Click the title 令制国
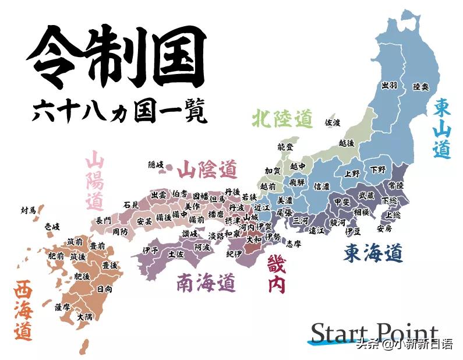(x=116, y=57)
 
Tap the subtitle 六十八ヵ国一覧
(x=120, y=111)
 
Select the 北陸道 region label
(x=282, y=119)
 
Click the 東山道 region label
(x=443, y=128)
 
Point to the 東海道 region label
(x=373, y=253)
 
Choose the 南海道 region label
(x=206, y=283)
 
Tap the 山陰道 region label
(x=207, y=170)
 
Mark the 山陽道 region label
(x=95, y=181)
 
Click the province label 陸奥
(x=420, y=87)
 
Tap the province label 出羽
(x=389, y=85)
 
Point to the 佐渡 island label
(x=333, y=122)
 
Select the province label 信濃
(x=321, y=186)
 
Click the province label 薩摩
(x=62, y=306)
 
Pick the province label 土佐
(x=175, y=254)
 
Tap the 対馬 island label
(x=28, y=209)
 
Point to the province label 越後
(x=347, y=142)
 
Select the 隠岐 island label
(x=156, y=165)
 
